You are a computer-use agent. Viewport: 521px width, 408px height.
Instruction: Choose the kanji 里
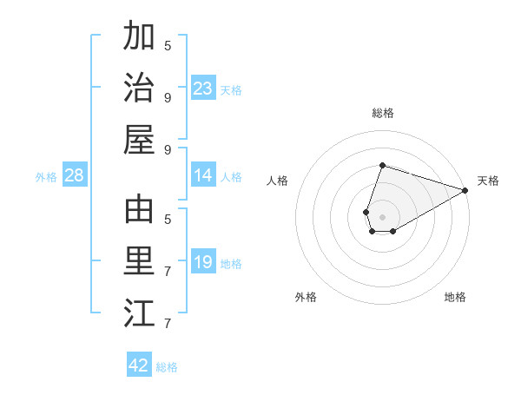pos(139,260)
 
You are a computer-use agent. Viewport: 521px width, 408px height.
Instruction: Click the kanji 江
pos(139,312)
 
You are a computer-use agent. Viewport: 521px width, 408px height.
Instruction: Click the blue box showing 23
pos(203,89)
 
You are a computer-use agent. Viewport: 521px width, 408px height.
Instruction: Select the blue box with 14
pos(203,175)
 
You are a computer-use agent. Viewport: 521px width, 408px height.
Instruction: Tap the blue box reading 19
pos(203,262)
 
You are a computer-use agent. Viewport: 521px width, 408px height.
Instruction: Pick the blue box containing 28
pos(75,175)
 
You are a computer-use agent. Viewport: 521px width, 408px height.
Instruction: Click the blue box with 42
pos(139,365)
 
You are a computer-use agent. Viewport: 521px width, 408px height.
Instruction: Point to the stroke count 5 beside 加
pos(168,45)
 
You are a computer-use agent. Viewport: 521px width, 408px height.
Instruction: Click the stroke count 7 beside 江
pos(168,324)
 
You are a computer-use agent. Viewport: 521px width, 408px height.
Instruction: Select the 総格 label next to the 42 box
pos(167,367)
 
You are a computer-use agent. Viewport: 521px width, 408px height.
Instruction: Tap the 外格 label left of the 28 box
pos(46,177)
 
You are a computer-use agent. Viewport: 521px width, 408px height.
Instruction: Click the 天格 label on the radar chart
pos(488,181)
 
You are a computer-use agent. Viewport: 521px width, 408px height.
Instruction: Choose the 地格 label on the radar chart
pos(455,297)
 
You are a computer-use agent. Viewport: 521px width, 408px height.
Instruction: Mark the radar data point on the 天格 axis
pos(465,190)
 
